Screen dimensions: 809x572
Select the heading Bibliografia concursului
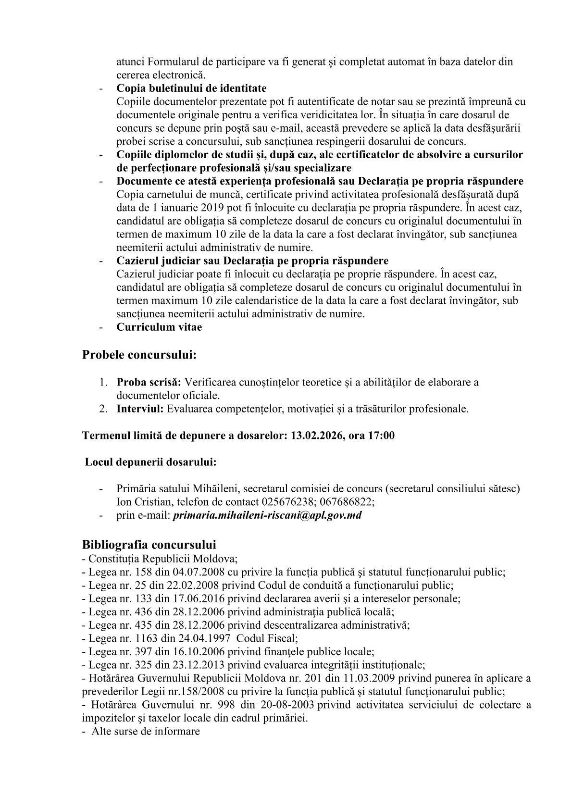click(x=149, y=545)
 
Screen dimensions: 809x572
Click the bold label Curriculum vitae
click(x=159, y=327)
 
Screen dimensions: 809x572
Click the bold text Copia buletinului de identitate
click(x=191, y=88)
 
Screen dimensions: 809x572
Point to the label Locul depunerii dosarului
click(x=150, y=462)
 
